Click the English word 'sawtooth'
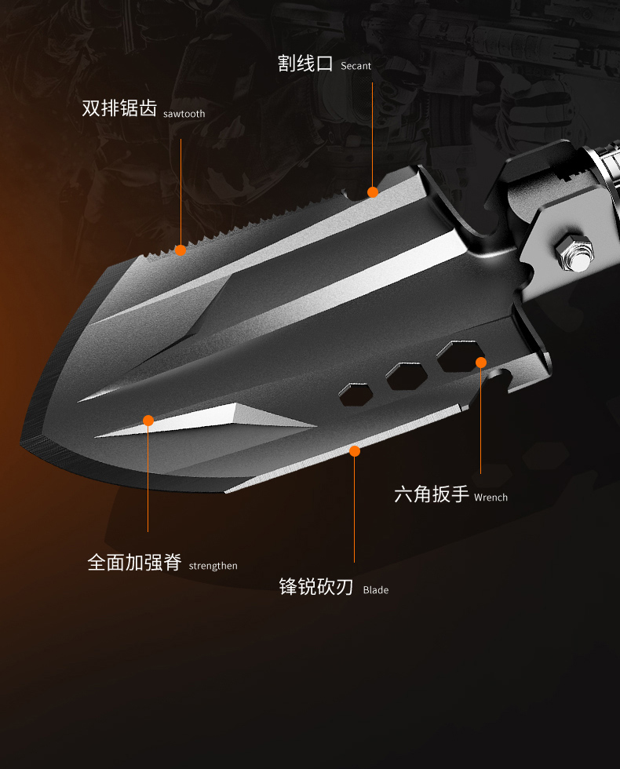coord(184,114)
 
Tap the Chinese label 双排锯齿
coord(119,108)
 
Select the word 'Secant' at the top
coord(356,67)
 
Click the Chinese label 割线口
coord(305,64)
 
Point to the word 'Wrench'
coord(491,497)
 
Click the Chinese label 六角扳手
coord(431,494)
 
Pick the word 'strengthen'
coord(213,566)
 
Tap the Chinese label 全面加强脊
coord(134,563)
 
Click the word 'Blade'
coord(376,590)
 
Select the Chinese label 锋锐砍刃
coord(316,587)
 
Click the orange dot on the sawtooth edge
coord(181,250)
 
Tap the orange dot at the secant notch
coord(373,192)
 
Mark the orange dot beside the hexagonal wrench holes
coord(481,363)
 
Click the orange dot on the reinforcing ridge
coord(148,421)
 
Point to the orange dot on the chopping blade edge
coord(355,451)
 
